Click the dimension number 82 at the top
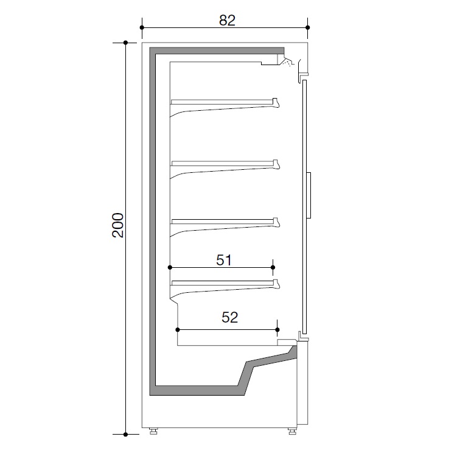point(227,20)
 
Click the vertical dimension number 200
point(118,225)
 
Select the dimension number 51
point(224,260)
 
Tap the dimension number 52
point(230,317)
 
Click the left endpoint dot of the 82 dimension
point(142,27)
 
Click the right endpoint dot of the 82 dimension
point(308,27)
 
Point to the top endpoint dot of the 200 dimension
point(125,43)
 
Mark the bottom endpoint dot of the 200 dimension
point(125,434)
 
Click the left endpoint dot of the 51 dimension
point(170,267)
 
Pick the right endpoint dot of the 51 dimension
point(273,267)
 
